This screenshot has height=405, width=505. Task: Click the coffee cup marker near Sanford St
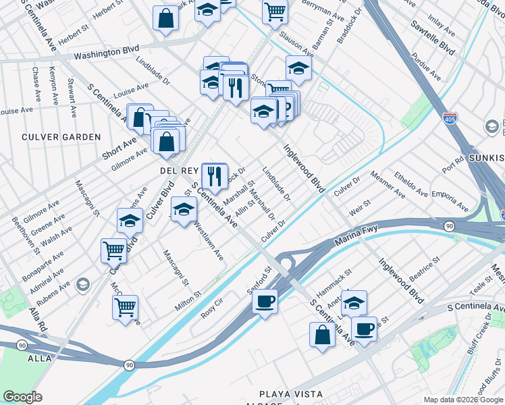point(265,300)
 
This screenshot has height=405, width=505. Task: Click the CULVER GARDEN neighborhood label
point(61,137)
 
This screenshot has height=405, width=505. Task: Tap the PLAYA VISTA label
point(291,394)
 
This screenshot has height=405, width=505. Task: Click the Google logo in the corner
point(22,397)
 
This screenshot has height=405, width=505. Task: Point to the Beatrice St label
point(425,267)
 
